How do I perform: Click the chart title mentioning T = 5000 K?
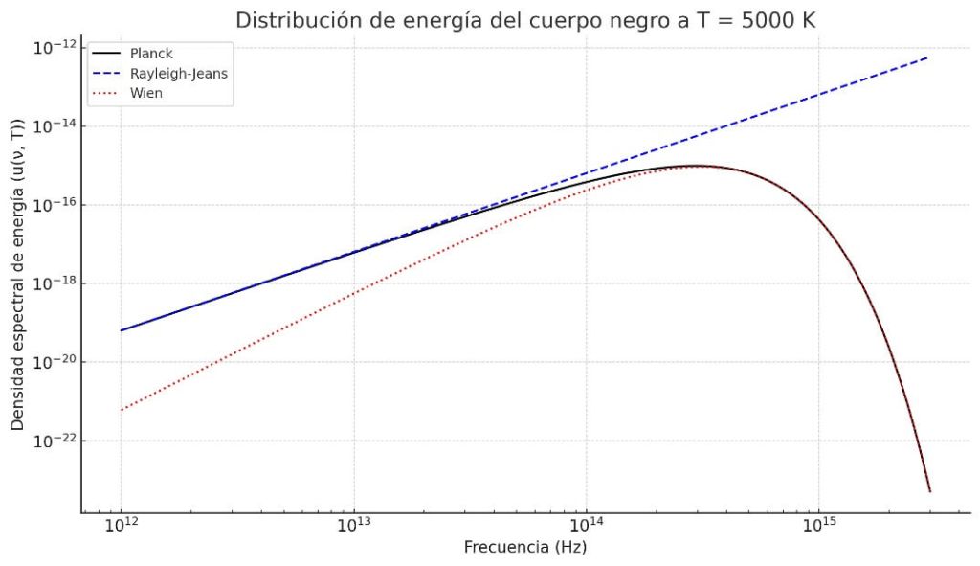click(525, 19)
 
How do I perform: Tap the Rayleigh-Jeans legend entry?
click(179, 73)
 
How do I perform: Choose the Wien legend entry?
click(146, 93)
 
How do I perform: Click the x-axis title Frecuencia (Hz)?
click(525, 549)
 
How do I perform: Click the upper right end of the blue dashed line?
click(927, 57)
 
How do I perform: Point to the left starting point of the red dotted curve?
click(122, 410)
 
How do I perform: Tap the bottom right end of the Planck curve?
click(929, 491)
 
